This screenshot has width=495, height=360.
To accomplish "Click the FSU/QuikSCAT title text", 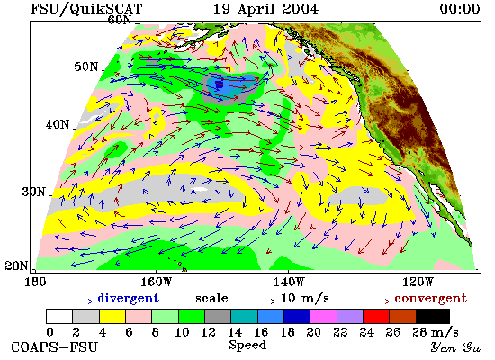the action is point(86,9).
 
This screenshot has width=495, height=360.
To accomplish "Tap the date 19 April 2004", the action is point(265,8).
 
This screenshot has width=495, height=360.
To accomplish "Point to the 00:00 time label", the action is point(460,8).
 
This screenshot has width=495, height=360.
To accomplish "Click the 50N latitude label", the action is point(86,67).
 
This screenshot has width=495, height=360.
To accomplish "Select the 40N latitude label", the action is point(58,124).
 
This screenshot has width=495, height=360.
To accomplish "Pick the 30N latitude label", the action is point(33,192).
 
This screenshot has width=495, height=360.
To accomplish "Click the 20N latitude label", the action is point(16,265).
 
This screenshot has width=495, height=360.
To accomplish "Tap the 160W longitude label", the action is point(157,282).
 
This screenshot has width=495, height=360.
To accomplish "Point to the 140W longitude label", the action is point(289,282).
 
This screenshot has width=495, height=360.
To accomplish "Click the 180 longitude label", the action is point(35,282).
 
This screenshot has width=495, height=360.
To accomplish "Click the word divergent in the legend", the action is point(129,299).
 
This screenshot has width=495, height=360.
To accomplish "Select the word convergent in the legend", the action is point(430,299).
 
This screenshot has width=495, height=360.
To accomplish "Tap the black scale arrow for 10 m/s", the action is point(255,301).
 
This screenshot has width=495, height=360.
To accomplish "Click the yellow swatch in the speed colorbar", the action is point(112,316).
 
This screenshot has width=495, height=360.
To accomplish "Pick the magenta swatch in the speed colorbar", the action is point(324,316).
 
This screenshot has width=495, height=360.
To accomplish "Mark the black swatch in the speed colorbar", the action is point(433,316).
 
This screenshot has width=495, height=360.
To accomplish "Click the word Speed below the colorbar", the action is point(247,345).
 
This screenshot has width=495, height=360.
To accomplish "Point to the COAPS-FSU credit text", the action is point(55,346).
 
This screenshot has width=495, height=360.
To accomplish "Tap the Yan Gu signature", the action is point(456,347).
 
